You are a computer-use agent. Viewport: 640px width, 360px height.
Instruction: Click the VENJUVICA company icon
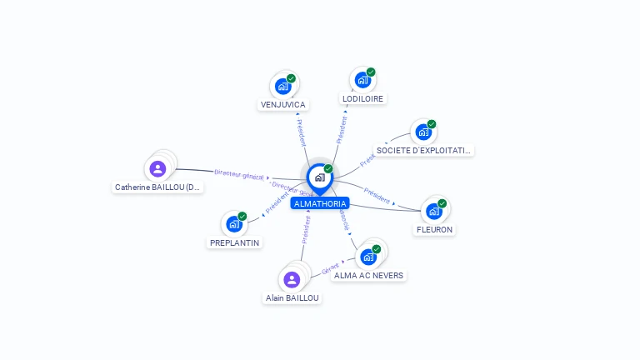coord(283,86)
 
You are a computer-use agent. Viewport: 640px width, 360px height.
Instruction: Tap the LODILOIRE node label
coord(363,98)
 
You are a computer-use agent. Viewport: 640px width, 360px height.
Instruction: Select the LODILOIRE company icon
coord(362,80)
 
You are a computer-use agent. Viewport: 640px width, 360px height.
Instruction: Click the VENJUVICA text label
coord(283,105)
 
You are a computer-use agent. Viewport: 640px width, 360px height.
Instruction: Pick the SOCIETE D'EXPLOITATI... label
coord(424,151)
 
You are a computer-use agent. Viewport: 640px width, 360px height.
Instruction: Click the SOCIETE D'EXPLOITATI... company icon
coord(423,132)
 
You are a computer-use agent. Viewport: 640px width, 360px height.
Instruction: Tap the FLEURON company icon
coord(434,211)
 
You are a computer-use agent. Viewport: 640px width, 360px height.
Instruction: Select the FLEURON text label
coord(434,229)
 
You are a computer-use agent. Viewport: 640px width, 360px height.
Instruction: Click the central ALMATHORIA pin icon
coord(319,177)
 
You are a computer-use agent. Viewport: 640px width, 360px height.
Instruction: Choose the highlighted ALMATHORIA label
coord(320,203)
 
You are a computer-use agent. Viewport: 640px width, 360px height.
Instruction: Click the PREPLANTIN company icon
coord(234,224)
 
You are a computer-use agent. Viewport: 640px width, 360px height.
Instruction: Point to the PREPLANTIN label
coord(234,242)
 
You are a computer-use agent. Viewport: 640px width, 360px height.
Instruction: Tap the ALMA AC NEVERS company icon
coord(368,257)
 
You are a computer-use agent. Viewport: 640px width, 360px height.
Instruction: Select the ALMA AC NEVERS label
coord(368,275)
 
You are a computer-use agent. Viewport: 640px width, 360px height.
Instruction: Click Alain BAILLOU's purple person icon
coord(292,279)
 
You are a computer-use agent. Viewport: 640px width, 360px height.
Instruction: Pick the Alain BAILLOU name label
coord(292,297)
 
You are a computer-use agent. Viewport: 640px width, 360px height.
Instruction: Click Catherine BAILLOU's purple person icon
coord(157,169)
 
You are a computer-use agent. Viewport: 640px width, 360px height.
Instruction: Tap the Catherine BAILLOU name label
coord(158,187)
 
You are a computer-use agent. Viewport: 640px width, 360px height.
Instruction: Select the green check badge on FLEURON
coord(442,203)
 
